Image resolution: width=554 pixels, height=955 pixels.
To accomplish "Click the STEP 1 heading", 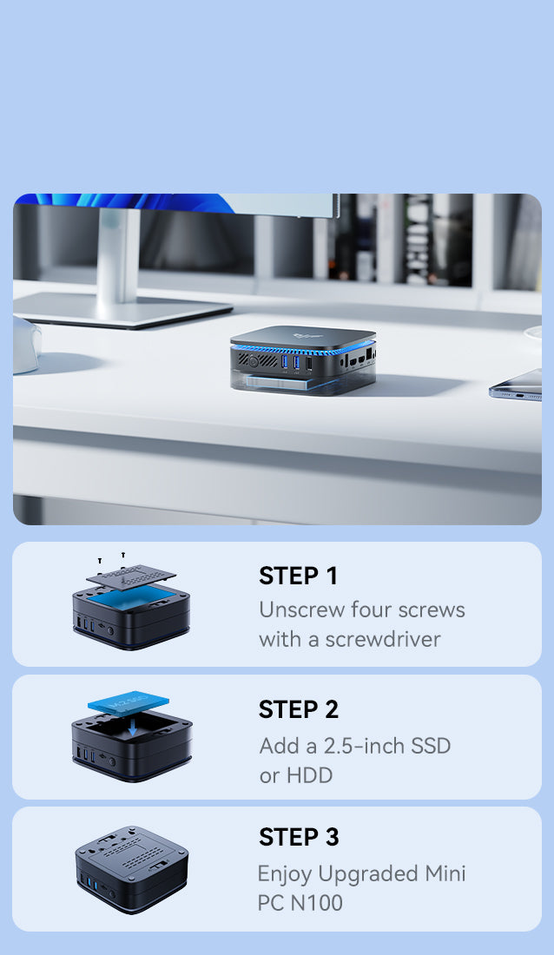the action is [298, 576].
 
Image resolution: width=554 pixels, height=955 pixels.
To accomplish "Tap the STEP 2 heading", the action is [298, 709].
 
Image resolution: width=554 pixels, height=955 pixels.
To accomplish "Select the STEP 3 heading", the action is [299, 837].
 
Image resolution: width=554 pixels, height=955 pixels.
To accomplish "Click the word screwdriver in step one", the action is [383, 639].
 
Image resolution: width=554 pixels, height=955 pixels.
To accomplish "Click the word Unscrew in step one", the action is [305, 609].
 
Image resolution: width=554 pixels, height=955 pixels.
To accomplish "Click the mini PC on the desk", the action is [303, 360].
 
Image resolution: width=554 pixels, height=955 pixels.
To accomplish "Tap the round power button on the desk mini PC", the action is [253, 361].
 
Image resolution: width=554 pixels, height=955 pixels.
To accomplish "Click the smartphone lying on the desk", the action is [516, 385].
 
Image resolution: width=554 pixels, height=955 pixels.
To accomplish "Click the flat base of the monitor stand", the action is [122, 309].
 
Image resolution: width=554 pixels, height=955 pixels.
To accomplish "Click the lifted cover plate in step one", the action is [131, 576].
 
